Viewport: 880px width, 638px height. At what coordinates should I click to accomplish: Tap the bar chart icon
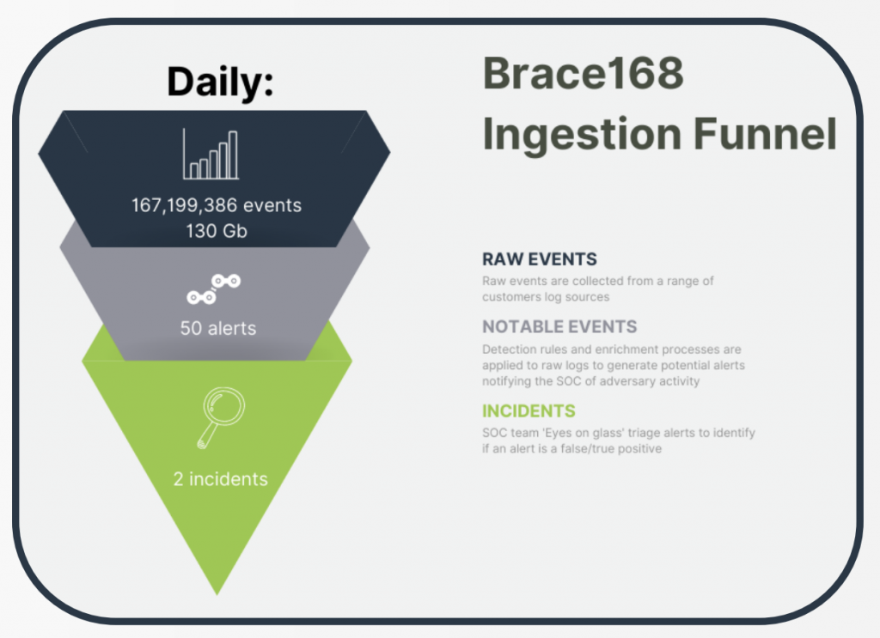(x=211, y=155)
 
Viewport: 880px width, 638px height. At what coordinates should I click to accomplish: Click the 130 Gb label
(x=217, y=231)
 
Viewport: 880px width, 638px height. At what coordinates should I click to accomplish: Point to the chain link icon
(x=214, y=289)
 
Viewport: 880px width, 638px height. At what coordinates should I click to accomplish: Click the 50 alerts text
(x=217, y=328)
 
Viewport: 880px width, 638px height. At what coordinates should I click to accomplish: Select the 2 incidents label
(x=221, y=479)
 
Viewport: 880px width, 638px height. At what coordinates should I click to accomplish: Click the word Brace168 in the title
(x=584, y=73)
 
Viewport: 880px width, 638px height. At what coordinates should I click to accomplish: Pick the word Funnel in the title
(x=765, y=134)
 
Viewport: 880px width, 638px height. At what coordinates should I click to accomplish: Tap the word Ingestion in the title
(x=582, y=135)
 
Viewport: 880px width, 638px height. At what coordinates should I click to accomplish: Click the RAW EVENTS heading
(x=540, y=259)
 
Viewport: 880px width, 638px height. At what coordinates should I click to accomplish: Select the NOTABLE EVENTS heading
(x=559, y=326)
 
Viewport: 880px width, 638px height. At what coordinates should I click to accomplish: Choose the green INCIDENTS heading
(x=529, y=411)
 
